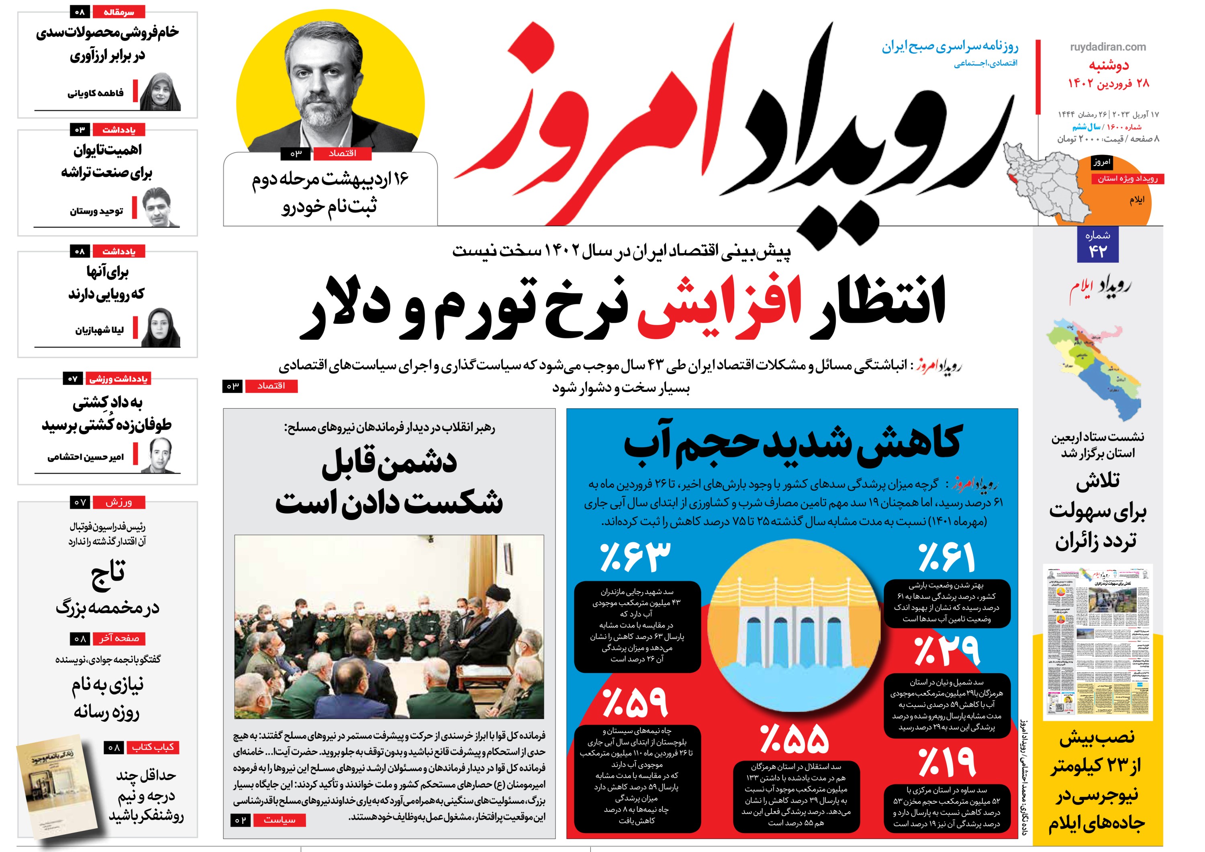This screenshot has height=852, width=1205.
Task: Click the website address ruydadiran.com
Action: click(1108, 47)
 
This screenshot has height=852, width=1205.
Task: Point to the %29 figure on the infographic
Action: click(947, 651)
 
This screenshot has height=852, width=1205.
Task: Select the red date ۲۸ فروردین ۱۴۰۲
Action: click(1108, 83)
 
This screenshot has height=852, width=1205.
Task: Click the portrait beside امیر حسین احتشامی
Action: click(160, 455)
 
